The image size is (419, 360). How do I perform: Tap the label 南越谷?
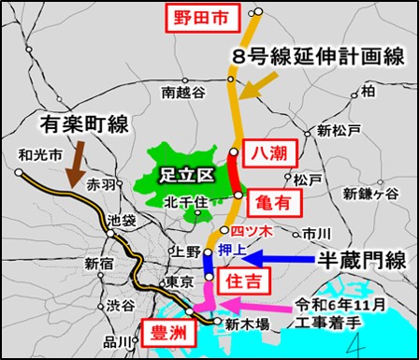pyautogui.click(x=181, y=92)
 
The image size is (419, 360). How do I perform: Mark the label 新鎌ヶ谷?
pyautogui.click(x=371, y=194)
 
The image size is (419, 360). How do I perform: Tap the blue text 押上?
pyautogui.click(x=234, y=252)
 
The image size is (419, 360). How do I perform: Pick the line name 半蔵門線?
pyautogui.click(x=356, y=260)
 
